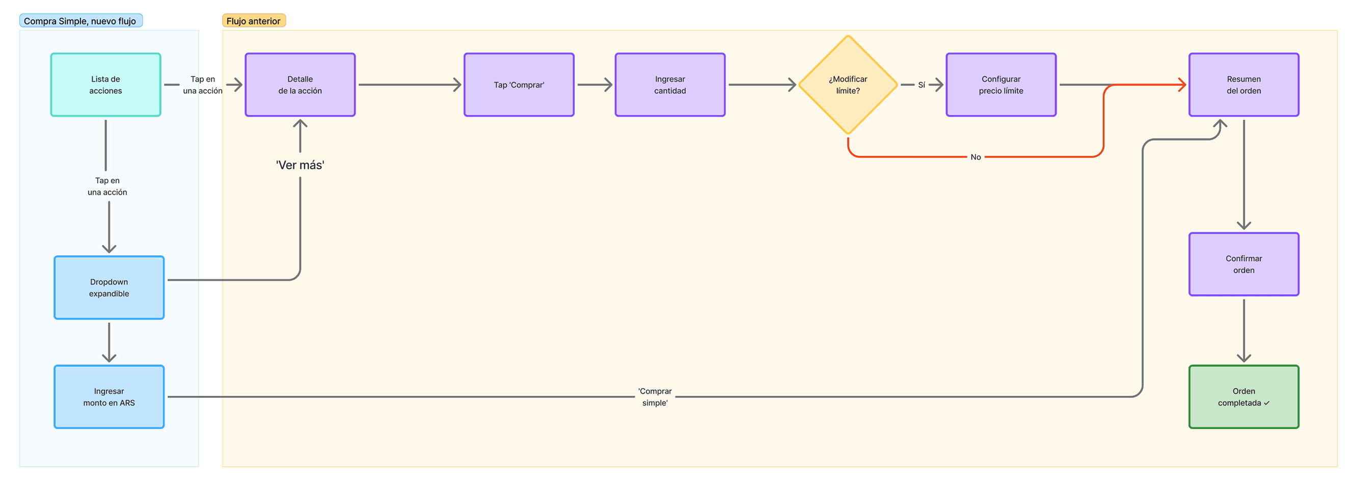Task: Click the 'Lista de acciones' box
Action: coord(105,85)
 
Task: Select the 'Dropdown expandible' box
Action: coord(109,287)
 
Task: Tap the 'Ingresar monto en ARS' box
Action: coord(109,396)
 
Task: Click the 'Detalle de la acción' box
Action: coord(300,85)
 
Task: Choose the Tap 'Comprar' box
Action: coord(519,85)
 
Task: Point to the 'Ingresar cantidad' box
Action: coord(669,85)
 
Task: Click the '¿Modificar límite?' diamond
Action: coord(848,85)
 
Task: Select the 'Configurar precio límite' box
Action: coord(1000,85)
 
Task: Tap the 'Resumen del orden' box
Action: coord(1243,85)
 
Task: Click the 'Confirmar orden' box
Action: coord(1243,264)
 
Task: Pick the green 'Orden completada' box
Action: coord(1243,396)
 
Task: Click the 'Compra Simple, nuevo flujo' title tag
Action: coord(80,21)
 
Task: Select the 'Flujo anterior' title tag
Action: coord(253,21)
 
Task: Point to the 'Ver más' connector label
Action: coord(300,165)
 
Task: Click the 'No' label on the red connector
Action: coord(975,157)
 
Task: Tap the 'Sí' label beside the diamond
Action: coord(921,85)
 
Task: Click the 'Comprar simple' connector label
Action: coord(654,396)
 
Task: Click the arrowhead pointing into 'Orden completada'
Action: coord(1243,358)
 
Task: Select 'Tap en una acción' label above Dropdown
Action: coord(107,186)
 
